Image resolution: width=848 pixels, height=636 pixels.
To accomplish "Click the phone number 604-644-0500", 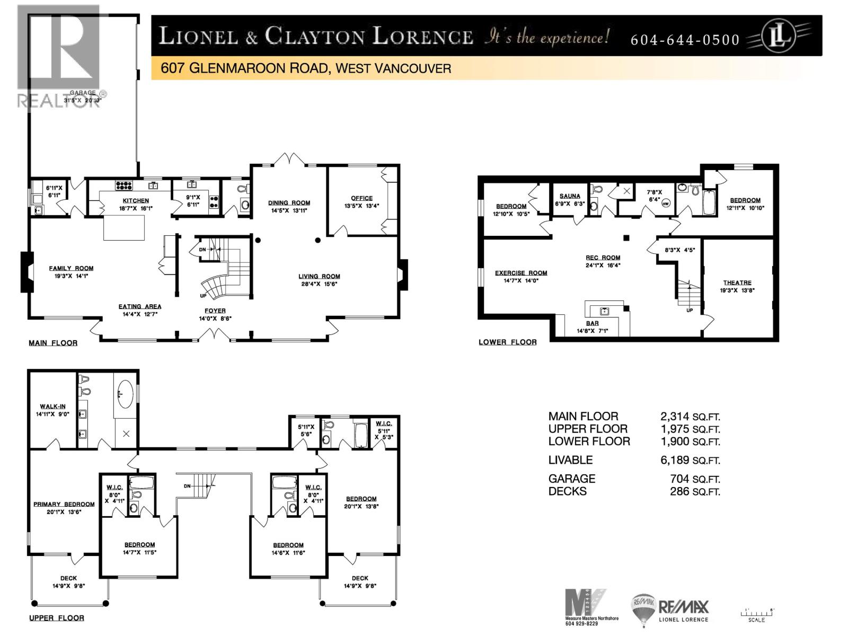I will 685,40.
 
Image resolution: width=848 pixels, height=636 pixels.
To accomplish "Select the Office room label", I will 361,198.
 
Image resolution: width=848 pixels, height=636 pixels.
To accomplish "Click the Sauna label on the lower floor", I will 570,196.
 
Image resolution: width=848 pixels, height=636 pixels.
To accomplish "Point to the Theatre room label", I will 737,282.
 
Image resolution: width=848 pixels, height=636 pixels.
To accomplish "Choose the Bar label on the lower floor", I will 592,323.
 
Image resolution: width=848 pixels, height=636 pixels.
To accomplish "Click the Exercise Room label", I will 521,273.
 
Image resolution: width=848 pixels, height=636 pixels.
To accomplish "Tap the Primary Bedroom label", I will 64,504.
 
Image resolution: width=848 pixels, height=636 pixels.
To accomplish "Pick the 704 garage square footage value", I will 679,479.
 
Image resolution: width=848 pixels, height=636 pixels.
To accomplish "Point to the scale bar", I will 757,613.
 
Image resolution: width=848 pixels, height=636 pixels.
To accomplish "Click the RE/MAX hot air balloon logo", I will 643,608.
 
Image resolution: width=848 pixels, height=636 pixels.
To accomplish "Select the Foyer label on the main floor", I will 215,311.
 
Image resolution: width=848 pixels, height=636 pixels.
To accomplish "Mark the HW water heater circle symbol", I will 666,203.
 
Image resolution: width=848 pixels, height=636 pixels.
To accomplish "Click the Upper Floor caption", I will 57,617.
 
